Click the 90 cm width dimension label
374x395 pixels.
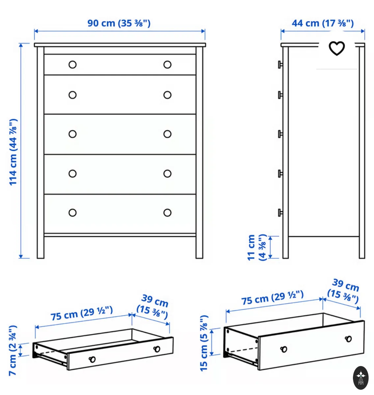(119, 23)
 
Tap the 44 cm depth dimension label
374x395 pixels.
(323, 23)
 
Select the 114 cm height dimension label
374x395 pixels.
(13, 152)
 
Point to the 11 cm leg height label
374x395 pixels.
(256, 247)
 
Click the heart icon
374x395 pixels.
(336, 48)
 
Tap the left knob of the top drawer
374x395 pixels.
(72, 65)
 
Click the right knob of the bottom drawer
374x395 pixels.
(167, 213)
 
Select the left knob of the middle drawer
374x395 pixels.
(72, 134)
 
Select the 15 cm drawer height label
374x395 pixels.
(204, 343)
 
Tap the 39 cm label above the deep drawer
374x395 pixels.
(344, 291)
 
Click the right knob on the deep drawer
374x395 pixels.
(348, 339)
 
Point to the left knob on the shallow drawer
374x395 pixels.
(92, 359)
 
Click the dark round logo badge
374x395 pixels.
(361, 378)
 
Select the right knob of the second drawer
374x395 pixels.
(167, 95)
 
